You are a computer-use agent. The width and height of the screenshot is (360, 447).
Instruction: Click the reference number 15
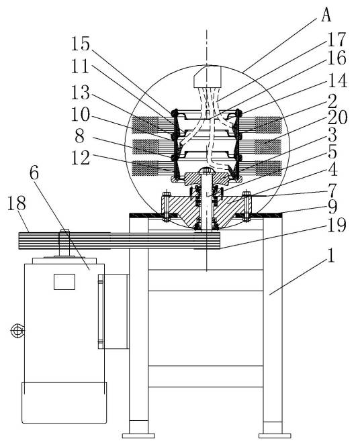tap(80, 44)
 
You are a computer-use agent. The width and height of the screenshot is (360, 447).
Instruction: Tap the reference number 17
tap(336, 40)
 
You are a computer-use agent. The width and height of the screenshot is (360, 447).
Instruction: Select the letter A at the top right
tap(326, 15)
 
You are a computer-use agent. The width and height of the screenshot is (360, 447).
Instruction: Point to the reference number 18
tap(16, 203)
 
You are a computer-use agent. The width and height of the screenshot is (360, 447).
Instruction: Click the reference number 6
tap(34, 173)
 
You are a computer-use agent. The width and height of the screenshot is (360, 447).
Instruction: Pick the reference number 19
tap(337, 225)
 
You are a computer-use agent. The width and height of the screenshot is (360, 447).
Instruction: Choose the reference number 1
tap(331, 255)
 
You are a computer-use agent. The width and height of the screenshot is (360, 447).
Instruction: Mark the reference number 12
tap(81, 158)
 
